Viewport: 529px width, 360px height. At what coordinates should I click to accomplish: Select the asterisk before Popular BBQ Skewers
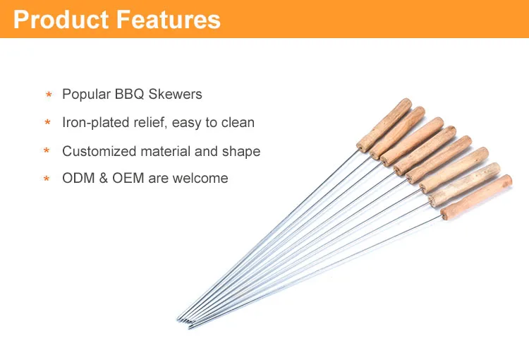(x=49, y=95)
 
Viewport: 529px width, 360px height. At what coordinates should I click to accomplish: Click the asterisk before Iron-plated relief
(x=48, y=124)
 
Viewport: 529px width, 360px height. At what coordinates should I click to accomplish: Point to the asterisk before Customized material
(x=47, y=152)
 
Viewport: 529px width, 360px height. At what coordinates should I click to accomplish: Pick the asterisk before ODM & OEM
(x=47, y=179)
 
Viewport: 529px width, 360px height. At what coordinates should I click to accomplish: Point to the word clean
(x=238, y=123)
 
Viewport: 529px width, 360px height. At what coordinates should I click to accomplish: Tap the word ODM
(x=77, y=179)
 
